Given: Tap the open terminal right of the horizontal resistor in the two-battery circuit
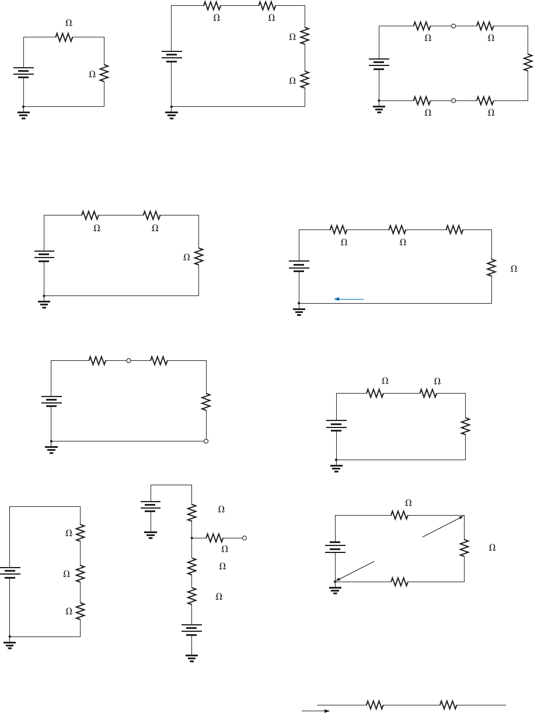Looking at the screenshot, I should pyautogui.click(x=245, y=538).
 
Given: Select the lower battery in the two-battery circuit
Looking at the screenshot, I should pyautogui.click(x=191, y=631).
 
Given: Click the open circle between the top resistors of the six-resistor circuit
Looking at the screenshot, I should pyautogui.click(x=453, y=26).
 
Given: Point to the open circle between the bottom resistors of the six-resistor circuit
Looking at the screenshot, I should pyautogui.click(x=453, y=100).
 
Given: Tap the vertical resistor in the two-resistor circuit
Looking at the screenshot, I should pyautogui.click(x=104, y=74).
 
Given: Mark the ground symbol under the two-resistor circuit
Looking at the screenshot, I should pyautogui.click(x=23, y=113).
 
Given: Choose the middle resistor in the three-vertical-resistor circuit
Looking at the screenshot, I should pyautogui.click(x=80, y=572).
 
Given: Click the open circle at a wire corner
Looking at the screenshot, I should pyautogui.click(x=206, y=441).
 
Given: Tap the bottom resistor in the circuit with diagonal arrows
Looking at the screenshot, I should pyautogui.click(x=399, y=582).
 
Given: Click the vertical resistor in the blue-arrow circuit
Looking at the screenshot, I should pyautogui.click(x=491, y=267).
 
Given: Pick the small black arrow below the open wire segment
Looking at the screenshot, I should pyautogui.click(x=315, y=711).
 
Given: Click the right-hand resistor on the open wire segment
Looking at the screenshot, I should pyautogui.click(x=448, y=705).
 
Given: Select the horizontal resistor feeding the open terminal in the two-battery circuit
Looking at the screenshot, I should pyautogui.click(x=214, y=538).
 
